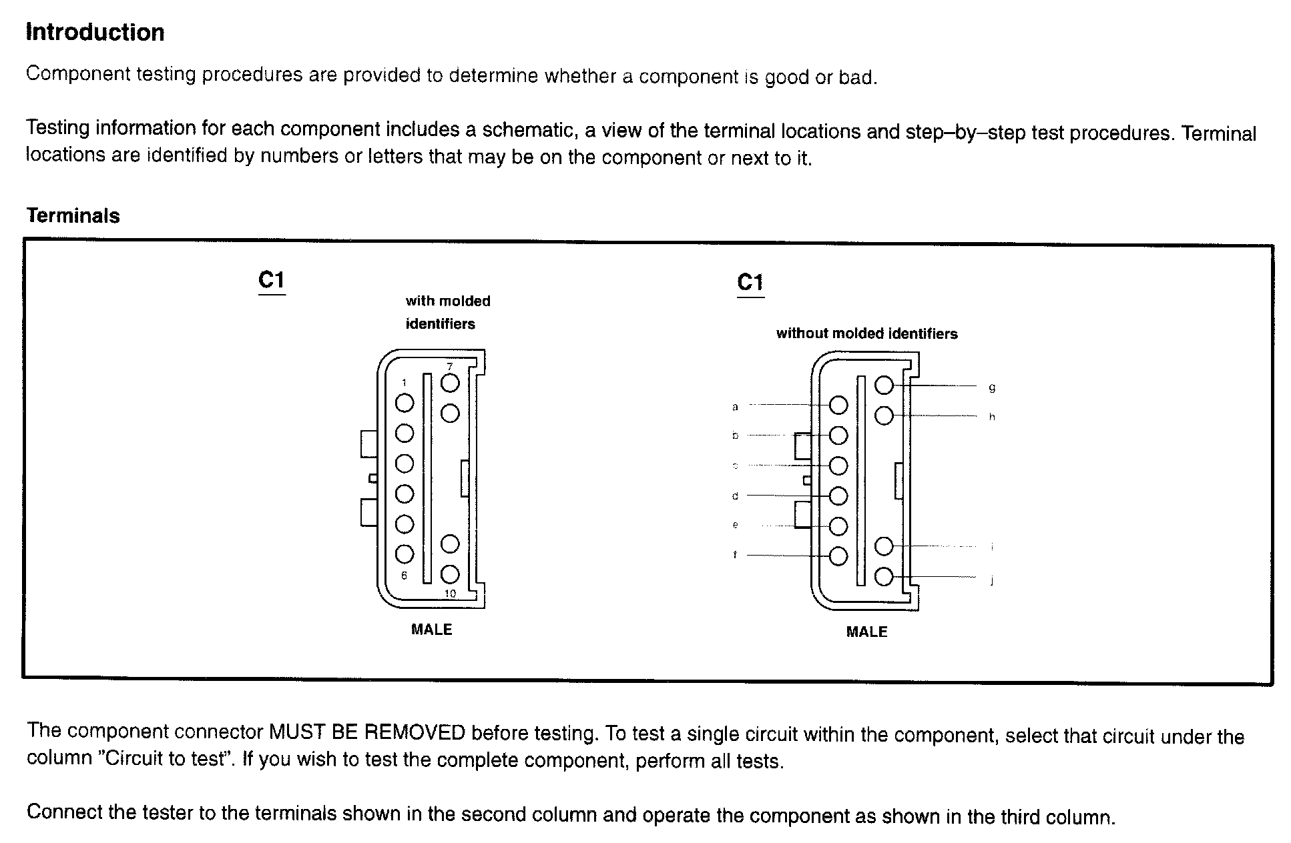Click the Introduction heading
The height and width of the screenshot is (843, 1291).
pos(95,32)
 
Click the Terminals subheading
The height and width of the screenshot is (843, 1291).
pos(73,215)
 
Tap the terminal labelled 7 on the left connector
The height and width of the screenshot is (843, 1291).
pos(451,383)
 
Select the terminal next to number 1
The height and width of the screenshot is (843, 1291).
pos(405,403)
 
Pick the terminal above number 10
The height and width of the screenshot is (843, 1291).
pos(451,574)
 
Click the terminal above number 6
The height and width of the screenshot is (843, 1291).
pos(405,554)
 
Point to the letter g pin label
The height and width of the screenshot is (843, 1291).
pos(992,387)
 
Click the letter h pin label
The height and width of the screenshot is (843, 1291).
pos(992,417)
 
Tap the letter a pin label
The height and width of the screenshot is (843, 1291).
pos(735,406)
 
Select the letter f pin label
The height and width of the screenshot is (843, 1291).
pos(735,554)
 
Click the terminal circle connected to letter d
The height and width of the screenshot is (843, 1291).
pos(838,496)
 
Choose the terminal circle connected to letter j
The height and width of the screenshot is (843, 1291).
pos(884,576)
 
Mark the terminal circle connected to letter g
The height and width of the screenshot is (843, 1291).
pos(884,385)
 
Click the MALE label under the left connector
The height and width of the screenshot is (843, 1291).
pos(431,630)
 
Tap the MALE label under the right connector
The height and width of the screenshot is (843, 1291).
pos(866,632)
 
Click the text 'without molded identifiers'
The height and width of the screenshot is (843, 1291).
pos(866,333)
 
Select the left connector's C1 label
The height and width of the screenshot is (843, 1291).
pos(272,280)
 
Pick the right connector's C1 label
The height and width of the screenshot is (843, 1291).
pos(750,282)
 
